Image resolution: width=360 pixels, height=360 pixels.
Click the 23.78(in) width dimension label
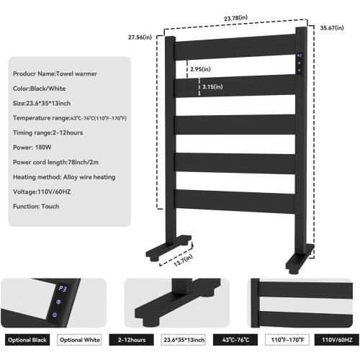(x=235, y=18)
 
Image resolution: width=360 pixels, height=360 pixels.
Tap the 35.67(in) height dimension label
(x=332, y=28)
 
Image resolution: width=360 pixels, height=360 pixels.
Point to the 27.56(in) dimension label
(x=140, y=37)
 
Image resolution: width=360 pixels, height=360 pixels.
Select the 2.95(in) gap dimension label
(x=200, y=69)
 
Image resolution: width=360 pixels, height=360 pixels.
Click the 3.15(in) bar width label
(x=212, y=86)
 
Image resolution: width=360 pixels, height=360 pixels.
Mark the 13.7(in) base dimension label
(x=184, y=261)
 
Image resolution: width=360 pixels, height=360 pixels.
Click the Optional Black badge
(x=27, y=340)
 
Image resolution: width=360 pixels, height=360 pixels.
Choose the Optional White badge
(x=79, y=340)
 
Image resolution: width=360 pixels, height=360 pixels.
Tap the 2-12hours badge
(x=132, y=340)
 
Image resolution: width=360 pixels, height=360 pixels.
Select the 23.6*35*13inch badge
(x=184, y=340)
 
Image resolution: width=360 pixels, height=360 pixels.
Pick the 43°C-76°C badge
(x=235, y=340)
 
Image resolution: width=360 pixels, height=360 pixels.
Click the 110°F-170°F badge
(x=287, y=340)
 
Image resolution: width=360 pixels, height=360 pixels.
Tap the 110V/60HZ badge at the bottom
(x=337, y=340)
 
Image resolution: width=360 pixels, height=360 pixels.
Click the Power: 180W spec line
(x=32, y=148)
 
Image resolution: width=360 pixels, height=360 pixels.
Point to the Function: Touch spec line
(x=36, y=207)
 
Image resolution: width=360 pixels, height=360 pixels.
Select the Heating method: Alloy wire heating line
(x=64, y=177)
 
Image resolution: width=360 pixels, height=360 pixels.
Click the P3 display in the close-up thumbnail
(x=62, y=289)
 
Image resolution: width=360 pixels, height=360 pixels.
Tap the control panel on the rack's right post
(x=299, y=63)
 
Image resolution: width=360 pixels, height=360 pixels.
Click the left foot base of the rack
(x=168, y=248)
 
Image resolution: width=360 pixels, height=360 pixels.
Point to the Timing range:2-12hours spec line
(x=48, y=132)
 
